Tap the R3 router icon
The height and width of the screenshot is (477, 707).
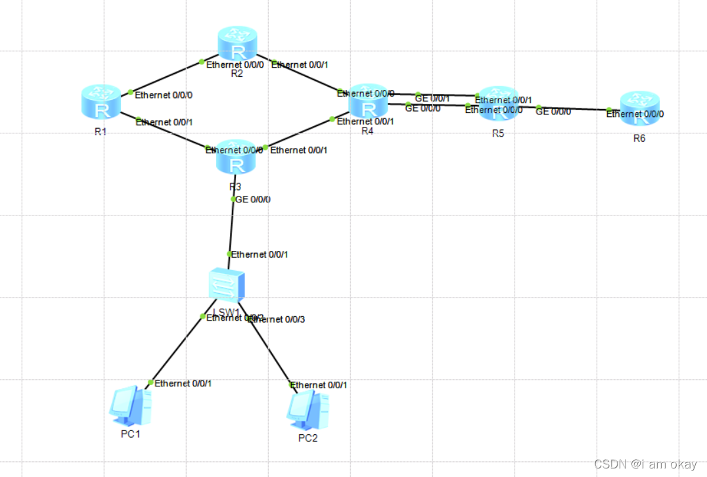click(x=235, y=156)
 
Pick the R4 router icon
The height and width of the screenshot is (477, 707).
click(x=368, y=102)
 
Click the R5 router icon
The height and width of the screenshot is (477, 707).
click(x=497, y=104)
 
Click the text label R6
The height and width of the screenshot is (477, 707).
click(x=639, y=139)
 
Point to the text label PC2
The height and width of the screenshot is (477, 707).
click(x=308, y=438)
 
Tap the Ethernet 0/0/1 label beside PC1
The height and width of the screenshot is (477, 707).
click(x=183, y=383)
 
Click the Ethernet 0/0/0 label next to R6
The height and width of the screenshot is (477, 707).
click(x=635, y=114)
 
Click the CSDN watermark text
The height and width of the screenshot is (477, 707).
click(x=645, y=465)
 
